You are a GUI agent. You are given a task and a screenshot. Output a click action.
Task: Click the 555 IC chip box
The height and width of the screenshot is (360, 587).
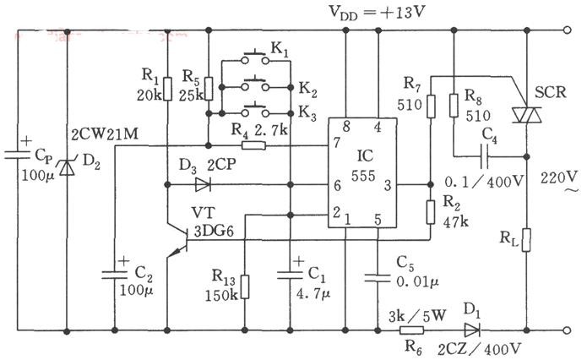click(362, 172)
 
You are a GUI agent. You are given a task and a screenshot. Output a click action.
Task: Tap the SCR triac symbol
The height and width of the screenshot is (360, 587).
click(527, 115)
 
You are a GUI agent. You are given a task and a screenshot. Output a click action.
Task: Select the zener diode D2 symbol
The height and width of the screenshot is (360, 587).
click(68, 166)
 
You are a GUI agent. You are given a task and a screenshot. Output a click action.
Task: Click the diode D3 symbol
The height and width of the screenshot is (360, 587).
click(203, 184)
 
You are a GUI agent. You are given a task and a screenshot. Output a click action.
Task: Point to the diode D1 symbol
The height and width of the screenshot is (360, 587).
click(472, 330)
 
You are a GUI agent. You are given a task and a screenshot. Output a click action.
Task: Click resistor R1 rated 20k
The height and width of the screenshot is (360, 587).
click(167, 89)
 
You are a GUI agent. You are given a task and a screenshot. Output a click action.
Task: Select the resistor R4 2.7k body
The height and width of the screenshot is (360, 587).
click(253, 145)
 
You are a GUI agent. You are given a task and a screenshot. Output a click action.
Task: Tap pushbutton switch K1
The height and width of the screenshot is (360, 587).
click(255, 58)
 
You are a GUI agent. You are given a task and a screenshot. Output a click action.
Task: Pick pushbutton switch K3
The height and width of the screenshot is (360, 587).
click(255, 111)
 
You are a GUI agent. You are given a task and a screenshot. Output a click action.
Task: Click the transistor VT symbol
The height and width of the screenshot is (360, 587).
click(179, 238)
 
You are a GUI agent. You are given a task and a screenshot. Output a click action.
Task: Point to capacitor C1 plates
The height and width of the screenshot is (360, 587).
click(290, 275)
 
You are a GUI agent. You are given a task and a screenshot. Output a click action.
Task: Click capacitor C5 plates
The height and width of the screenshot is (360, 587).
click(378, 277)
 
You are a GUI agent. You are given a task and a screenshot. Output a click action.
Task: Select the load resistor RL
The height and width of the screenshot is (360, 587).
click(526, 240)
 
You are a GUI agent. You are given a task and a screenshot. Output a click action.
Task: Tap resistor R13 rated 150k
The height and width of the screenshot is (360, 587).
click(244, 286)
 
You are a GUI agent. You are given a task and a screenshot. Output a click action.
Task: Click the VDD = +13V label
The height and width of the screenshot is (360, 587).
click(377, 13)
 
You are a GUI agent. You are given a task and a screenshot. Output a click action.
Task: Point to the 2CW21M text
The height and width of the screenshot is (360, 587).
click(105, 134)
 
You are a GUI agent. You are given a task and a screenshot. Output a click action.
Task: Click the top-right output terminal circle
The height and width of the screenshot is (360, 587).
click(568, 30)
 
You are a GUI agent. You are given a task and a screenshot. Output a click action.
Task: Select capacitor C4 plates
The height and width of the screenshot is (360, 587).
click(485, 156)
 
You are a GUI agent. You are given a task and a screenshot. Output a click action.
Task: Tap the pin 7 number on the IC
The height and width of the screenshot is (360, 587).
click(336, 143)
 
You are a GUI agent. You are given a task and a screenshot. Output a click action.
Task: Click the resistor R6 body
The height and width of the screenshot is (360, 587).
click(412, 330)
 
